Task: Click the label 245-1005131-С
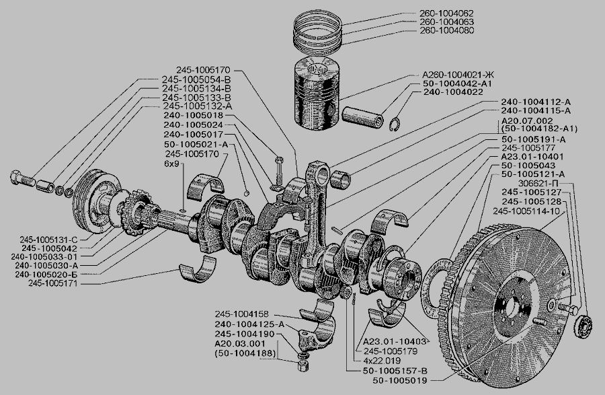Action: tap(44, 239)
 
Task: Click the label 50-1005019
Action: tap(400, 381)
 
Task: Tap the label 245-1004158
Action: tap(242, 314)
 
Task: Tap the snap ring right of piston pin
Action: tap(397, 125)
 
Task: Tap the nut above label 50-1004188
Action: tap(302, 365)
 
